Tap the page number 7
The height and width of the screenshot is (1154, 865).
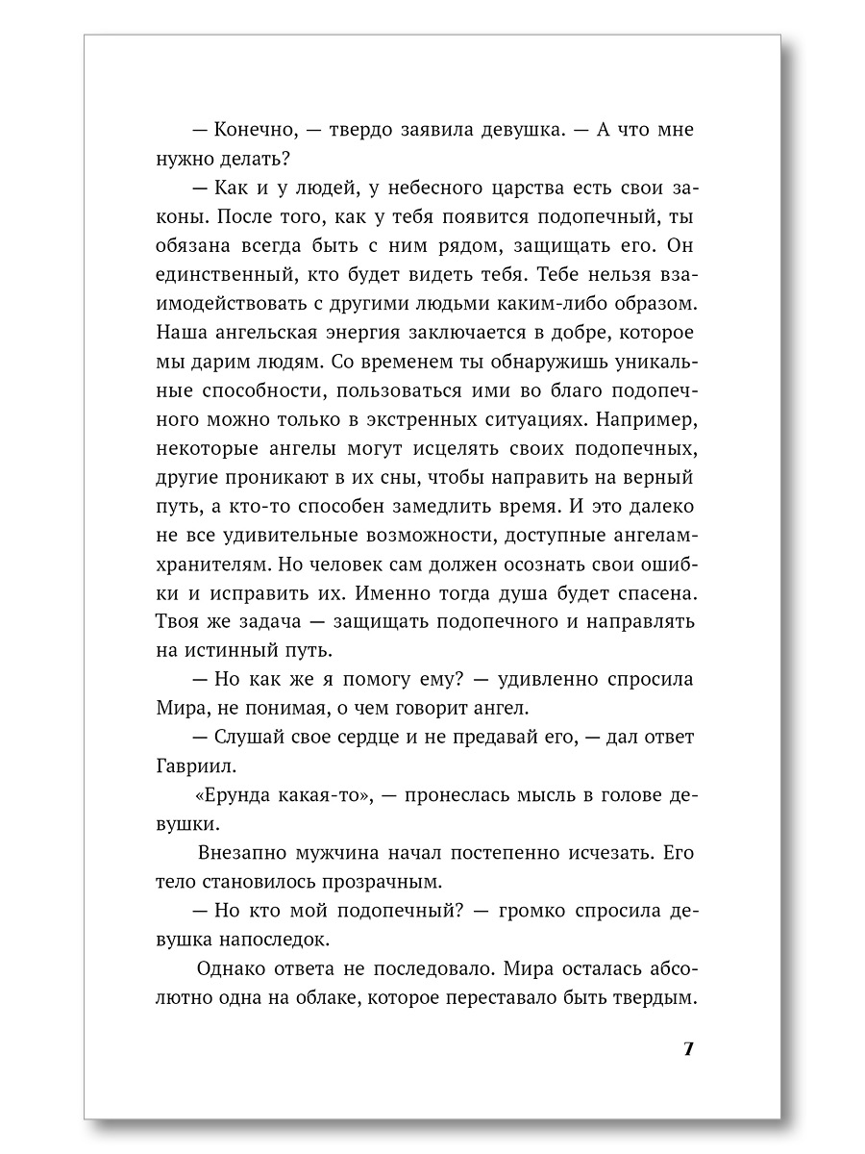coord(688,1048)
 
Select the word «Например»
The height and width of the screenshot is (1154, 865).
coord(635,420)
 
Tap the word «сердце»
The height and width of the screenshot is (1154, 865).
coord(393,739)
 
